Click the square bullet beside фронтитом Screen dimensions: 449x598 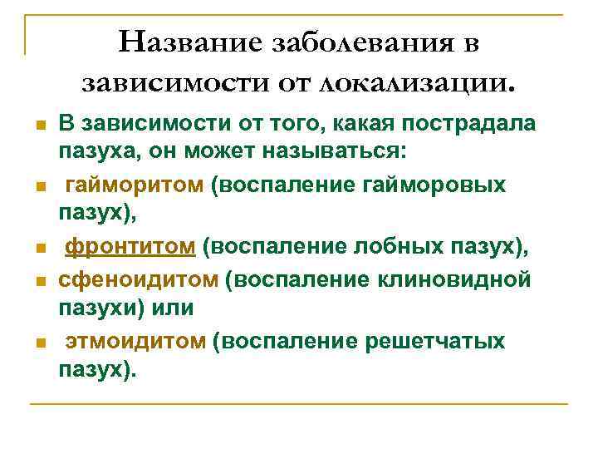tap(38, 248)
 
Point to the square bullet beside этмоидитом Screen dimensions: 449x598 tap(38, 343)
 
